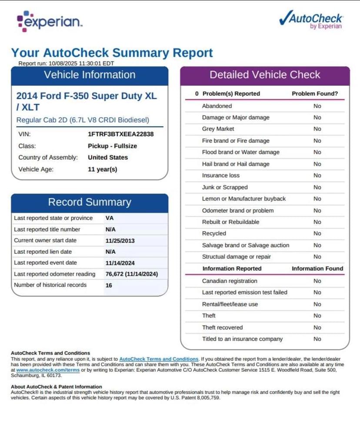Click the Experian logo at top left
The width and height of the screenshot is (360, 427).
[49, 22]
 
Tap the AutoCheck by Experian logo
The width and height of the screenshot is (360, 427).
[310, 19]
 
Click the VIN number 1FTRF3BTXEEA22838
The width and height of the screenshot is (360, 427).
[120, 134]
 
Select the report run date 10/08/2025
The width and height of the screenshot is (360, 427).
[63, 63]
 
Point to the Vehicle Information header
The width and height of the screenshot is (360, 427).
[90, 75]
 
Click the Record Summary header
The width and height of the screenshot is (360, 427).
[90, 202]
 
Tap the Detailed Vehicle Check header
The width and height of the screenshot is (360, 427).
[265, 75]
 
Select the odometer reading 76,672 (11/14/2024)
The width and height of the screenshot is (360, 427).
[131, 274]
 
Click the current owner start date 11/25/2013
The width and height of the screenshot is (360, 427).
[120, 240]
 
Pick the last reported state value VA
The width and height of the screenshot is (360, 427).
[110, 218]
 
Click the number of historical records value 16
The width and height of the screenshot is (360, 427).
[109, 285]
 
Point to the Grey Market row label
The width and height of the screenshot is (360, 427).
[218, 129]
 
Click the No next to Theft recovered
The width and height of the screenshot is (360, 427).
[317, 327]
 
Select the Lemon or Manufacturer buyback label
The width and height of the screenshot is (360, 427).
[244, 198]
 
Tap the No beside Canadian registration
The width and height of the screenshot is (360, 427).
[317, 281]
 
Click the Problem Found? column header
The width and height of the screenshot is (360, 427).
[315, 94]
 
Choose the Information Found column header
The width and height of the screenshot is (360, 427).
[317, 269]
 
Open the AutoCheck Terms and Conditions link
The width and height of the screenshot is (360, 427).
[159, 359]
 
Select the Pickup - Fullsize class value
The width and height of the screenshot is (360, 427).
[112, 146]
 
